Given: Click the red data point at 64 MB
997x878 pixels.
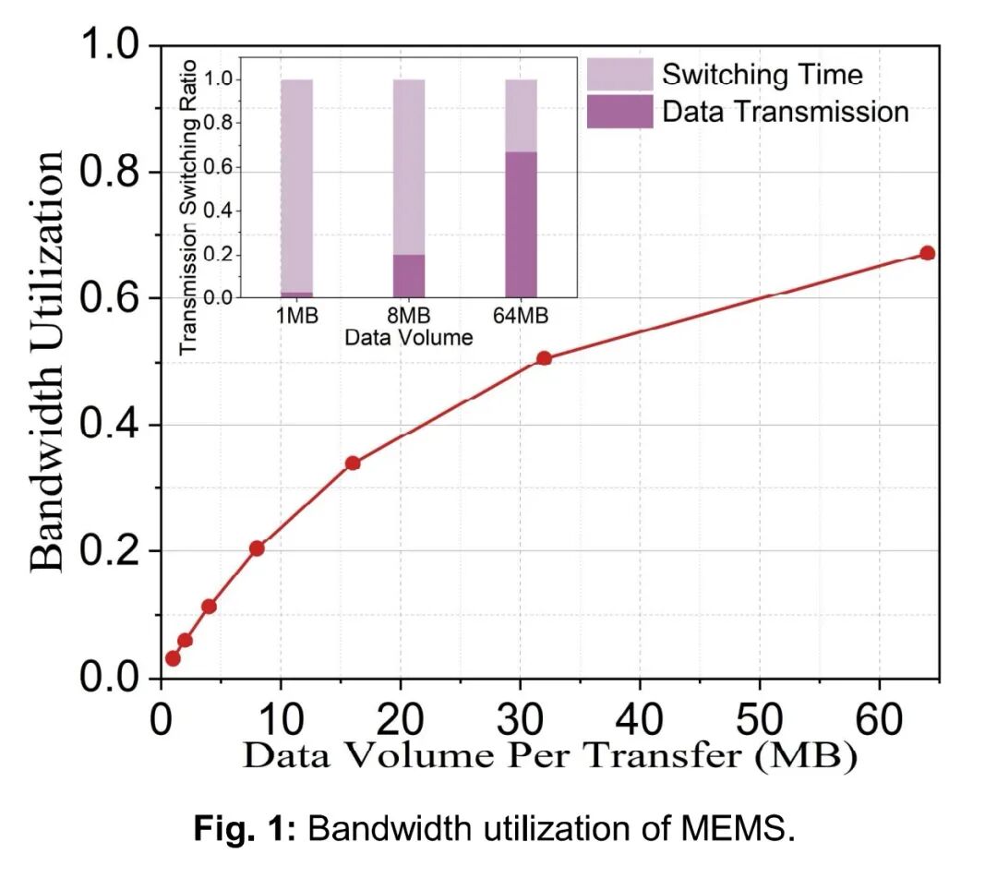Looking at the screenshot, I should (x=927, y=253).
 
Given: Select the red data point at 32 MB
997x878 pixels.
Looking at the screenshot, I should (x=544, y=358).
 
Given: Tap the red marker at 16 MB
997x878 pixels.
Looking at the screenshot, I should (x=353, y=463).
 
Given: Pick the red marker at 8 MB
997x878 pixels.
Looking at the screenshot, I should (x=257, y=548).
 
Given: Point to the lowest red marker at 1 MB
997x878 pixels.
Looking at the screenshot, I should (x=173, y=658).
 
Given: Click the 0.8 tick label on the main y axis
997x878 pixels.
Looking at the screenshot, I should (x=111, y=173).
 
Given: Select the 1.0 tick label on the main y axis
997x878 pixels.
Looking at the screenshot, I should (x=111, y=46).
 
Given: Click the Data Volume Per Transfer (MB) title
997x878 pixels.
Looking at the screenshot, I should (x=550, y=757).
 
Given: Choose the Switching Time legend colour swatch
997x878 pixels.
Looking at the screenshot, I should (x=619, y=74).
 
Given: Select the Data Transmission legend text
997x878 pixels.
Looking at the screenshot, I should (x=786, y=112).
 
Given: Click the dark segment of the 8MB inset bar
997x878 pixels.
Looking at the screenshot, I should (x=408, y=276).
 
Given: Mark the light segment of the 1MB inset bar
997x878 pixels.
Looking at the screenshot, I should (x=296, y=185).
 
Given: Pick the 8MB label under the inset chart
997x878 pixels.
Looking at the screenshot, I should (x=408, y=316).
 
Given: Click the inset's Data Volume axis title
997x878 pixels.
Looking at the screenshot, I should (x=408, y=338).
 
